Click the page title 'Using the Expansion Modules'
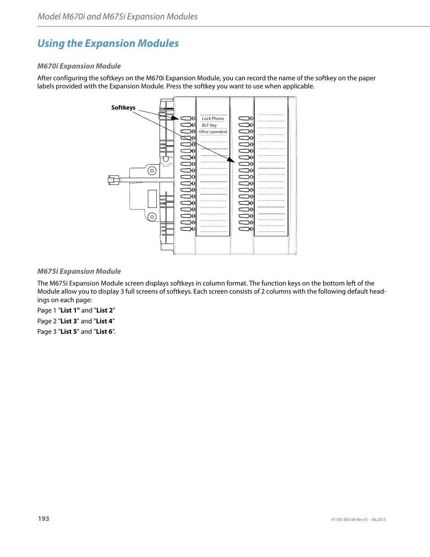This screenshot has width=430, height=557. click(108, 43)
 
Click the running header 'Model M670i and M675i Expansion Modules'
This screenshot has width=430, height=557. click(117, 17)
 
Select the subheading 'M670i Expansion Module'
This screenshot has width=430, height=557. click(79, 66)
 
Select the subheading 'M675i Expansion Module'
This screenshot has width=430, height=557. click(79, 271)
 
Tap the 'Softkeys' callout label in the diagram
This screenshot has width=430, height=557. click(123, 107)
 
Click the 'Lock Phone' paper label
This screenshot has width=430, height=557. click(213, 119)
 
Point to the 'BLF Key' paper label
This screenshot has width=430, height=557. click(209, 125)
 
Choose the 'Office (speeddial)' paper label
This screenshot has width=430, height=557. click(213, 132)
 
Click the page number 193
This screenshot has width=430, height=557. click(43, 519)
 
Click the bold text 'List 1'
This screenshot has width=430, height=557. click(69, 310)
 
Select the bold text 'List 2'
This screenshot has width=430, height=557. click(105, 310)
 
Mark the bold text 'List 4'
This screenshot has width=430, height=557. click(104, 321)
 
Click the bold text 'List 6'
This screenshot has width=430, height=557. click(104, 331)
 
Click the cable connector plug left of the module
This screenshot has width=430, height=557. click(113, 180)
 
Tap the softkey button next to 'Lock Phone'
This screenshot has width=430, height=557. click(187, 119)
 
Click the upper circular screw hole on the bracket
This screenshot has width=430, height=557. click(152, 170)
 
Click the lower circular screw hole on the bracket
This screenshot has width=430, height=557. click(152, 217)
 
